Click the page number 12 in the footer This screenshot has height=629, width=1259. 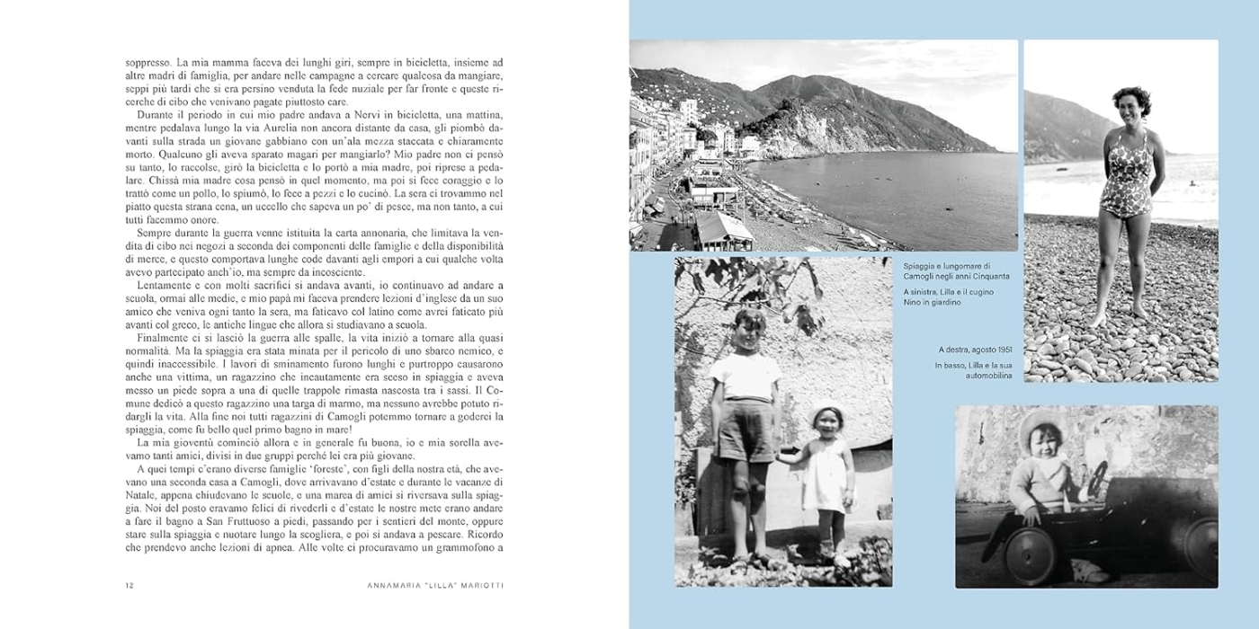click(x=129, y=586)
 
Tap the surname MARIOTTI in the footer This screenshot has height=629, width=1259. click(x=478, y=586)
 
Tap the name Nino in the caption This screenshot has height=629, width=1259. click(x=914, y=302)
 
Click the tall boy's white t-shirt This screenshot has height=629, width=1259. click(x=744, y=376)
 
